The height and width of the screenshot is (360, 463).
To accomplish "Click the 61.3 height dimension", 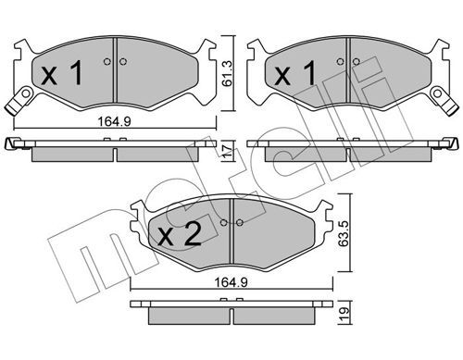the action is coord(228,73).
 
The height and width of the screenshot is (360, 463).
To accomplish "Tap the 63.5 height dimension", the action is coord(344,233).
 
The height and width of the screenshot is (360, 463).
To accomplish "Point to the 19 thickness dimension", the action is coord(344,314).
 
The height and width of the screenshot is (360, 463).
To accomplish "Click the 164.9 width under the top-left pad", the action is coord(115,121).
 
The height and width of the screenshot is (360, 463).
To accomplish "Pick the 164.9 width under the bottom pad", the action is coord(231,282).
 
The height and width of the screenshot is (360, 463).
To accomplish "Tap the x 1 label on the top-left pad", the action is coord(62,73).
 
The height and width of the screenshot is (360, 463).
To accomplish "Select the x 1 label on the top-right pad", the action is coord(295,73).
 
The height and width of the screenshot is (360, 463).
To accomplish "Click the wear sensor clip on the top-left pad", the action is coord(19,101).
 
